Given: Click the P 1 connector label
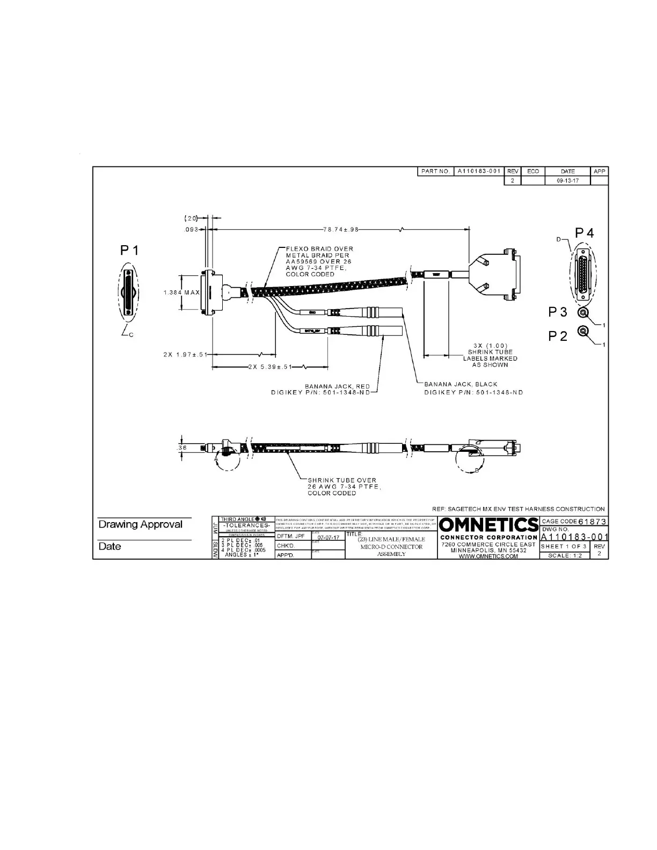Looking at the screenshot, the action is tap(129, 250).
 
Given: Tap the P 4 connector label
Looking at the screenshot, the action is tap(585, 233).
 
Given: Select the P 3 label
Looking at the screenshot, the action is tap(558, 312).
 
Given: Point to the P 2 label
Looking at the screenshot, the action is tap(558, 336).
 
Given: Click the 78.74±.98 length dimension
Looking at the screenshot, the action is tap(340, 229).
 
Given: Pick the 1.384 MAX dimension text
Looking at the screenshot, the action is tap(181, 292).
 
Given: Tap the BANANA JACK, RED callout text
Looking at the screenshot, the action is tap(337, 386).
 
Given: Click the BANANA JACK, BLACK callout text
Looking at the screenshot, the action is tap(461, 384).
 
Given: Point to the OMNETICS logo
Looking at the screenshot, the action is tap(488, 525).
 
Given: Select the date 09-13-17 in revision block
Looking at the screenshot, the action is tap(567, 181).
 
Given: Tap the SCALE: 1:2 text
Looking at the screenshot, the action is tap(565, 555).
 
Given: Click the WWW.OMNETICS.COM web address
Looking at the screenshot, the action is tap(488, 556).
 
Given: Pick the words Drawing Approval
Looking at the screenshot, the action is tap(140, 524).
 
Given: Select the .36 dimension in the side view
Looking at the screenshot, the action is tap(182, 447).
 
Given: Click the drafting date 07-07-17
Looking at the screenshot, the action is tap(328, 537).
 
